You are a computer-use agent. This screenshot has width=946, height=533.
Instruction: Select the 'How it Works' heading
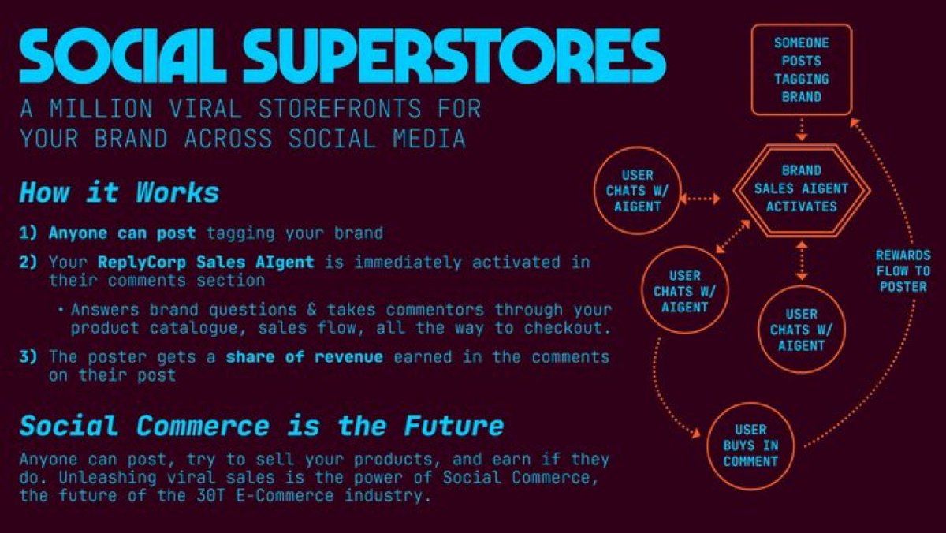pyautogui.click(x=119, y=193)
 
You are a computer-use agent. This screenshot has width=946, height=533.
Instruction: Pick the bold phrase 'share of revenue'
pyautogui.click(x=304, y=357)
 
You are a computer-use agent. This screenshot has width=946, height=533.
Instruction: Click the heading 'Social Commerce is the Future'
pyautogui.click(x=261, y=427)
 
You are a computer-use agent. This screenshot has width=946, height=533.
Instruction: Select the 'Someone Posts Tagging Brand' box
pyautogui.click(x=802, y=69)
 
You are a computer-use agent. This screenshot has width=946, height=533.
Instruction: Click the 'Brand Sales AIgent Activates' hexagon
pyautogui.click(x=801, y=188)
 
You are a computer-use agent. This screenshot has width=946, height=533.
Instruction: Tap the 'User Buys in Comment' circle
pyautogui.click(x=750, y=445)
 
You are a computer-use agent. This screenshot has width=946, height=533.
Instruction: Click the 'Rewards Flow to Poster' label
pyautogui.click(x=903, y=270)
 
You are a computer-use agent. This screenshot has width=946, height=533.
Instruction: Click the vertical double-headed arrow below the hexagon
pyautogui.click(x=802, y=261)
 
